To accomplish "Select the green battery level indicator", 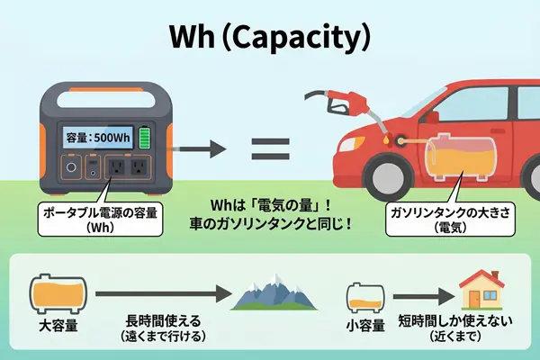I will [x=144, y=137].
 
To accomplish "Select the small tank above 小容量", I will [x=366, y=294].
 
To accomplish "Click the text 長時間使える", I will [x=157, y=320].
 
